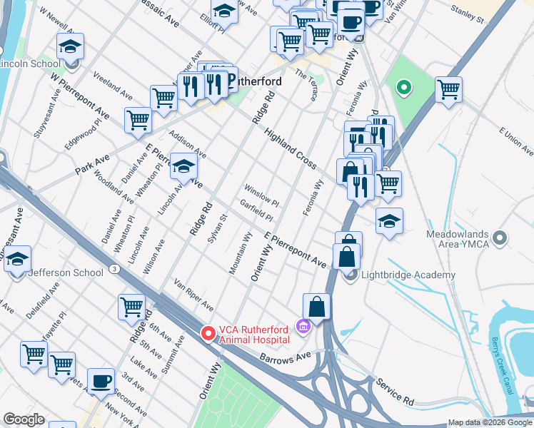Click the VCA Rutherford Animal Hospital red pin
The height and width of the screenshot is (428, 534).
pos(208,332)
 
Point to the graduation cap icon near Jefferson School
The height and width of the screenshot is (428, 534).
pos(18,261)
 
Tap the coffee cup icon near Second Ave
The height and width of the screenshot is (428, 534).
pos(101,382)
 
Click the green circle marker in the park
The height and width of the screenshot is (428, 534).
pos(403,89)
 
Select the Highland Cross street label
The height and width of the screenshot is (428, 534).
pos(290,148)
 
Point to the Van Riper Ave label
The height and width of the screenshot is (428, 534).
pos(194,295)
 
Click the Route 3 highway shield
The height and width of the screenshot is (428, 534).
pos(114,268)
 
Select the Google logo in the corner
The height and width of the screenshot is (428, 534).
pos(24,419)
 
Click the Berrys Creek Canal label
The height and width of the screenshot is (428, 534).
pos(503,357)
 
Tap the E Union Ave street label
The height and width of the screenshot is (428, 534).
pos(518,142)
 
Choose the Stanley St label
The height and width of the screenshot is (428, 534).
pos(468,11)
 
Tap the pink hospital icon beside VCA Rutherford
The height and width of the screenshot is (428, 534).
pos(303,327)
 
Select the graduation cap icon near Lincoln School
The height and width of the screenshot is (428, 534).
pos(70,47)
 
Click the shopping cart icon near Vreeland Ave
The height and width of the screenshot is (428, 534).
pos(163,100)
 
